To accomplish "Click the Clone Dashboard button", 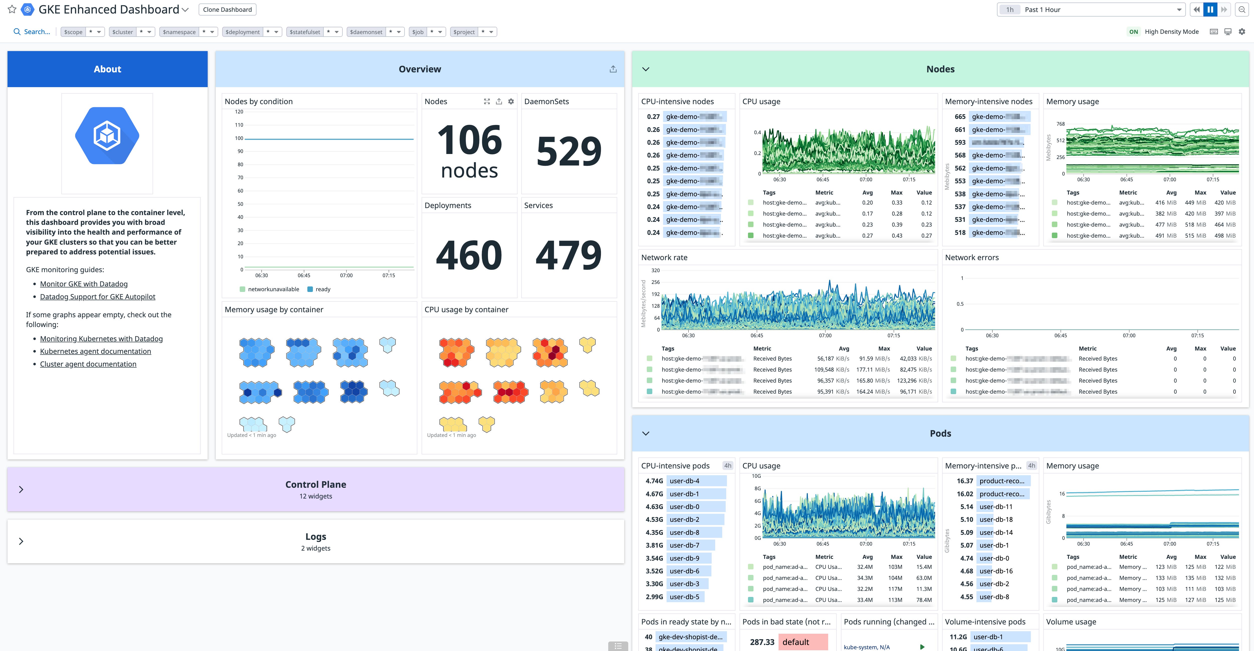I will coord(227,10).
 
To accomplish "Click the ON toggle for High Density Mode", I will coord(1133,32).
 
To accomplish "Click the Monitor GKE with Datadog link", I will coord(84,284).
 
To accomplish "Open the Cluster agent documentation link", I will coord(88,364).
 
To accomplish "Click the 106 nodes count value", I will coord(469,151).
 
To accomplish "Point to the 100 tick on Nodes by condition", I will coord(239,138).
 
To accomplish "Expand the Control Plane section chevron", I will coord(21,490).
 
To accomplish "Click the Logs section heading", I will coord(315,537).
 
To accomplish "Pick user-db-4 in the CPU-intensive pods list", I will coord(684,481).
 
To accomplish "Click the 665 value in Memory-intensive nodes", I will coord(959,117).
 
